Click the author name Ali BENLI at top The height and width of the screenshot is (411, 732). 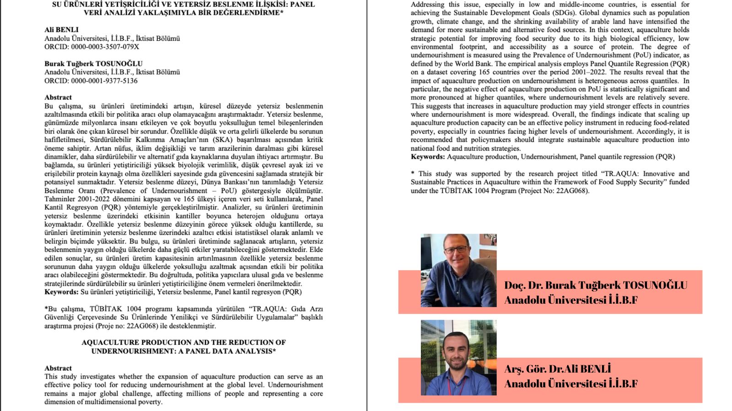pyautogui.click(x=61, y=30)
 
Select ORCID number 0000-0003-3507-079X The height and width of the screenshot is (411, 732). pyautogui.click(x=105, y=47)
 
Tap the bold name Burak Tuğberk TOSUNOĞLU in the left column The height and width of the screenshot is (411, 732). pyautogui.click(x=93, y=63)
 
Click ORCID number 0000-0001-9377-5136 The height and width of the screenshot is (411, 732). pyautogui.click(x=104, y=80)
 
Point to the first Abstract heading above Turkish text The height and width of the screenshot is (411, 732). pyautogui.click(x=58, y=97)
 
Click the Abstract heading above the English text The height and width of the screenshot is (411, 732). pyautogui.click(x=58, y=368)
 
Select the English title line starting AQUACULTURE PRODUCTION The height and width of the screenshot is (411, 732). pyautogui.click(x=183, y=342)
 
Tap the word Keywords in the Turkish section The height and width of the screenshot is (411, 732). pyautogui.click(x=61, y=292)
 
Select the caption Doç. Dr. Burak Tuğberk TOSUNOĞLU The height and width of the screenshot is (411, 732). pyautogui.click(x=595, y=285)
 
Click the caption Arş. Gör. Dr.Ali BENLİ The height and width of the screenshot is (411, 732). pyautogui.click(x=557, y=369)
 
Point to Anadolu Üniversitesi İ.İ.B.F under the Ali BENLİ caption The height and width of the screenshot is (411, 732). pyautogui.click(x=571, y=384)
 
